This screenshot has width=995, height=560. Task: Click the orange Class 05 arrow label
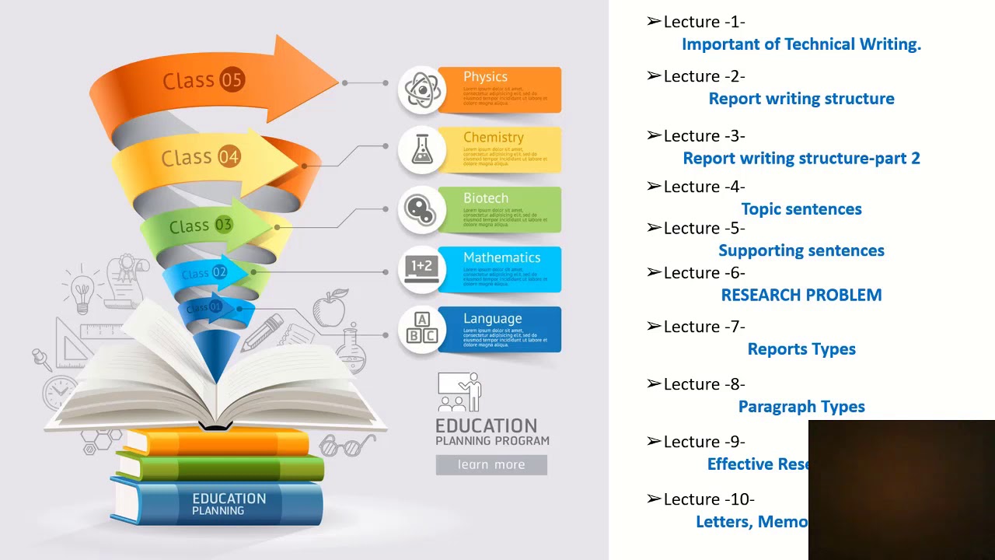coord(203,80)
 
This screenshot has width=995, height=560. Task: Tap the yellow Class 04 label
coord(201,157)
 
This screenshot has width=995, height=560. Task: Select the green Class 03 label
coord(201,226)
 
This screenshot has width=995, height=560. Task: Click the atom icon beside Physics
coord(422,90)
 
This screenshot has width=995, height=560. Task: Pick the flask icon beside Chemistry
coord(422,149)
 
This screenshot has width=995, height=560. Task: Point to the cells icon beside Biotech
coord(422,209)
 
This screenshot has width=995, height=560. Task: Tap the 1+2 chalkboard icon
coord(422,269)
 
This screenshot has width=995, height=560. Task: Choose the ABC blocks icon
coord(422,329)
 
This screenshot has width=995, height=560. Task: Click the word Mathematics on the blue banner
coord(501,257)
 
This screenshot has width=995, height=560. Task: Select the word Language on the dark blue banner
coord(492,318)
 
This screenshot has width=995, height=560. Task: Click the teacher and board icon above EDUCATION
coord(459,393)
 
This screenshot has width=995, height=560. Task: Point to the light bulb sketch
coord(81,292)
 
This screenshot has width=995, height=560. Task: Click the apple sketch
coord(330,309)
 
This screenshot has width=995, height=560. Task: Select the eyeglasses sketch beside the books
coord(347,445)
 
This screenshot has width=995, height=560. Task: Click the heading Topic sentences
coord(801,209)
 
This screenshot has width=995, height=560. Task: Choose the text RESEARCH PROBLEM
coord(801,295)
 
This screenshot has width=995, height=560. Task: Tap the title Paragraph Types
coord(801,407)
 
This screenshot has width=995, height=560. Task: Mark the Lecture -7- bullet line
coord(696,327)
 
